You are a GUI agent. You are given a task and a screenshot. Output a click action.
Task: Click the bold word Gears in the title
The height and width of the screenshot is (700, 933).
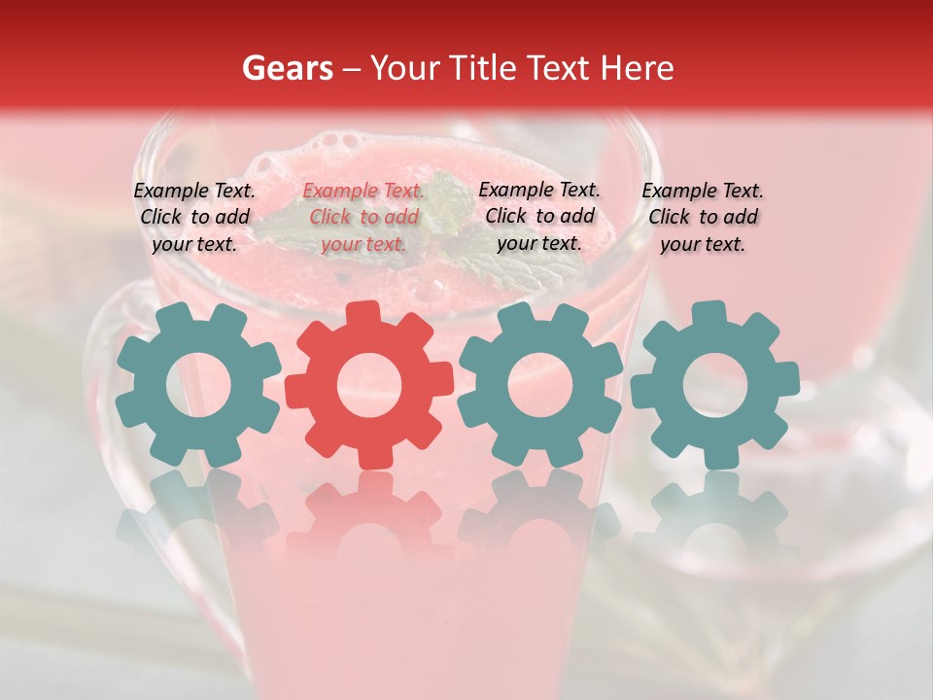pyautogui.click(x=288, y=69)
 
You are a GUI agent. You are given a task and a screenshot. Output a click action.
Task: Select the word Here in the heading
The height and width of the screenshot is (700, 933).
pyautogui.click(x=637, y=69)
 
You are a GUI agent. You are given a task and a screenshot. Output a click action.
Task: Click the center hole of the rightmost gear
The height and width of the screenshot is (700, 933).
pyautogui.click(x=714, y=384)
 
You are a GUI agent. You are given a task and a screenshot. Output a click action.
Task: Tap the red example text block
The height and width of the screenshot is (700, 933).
pyautogui.click(x=363, y=218)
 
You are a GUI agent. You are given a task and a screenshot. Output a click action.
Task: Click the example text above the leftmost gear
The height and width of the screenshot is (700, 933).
pyautogui.click(x=194, y=217)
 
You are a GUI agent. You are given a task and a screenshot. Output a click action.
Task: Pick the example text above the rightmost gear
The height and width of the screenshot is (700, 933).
pyautogui.click(x=703, y=217)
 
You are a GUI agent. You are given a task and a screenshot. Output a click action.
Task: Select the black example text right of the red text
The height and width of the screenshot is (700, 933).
pyautogui.click(x=539, y=216)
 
